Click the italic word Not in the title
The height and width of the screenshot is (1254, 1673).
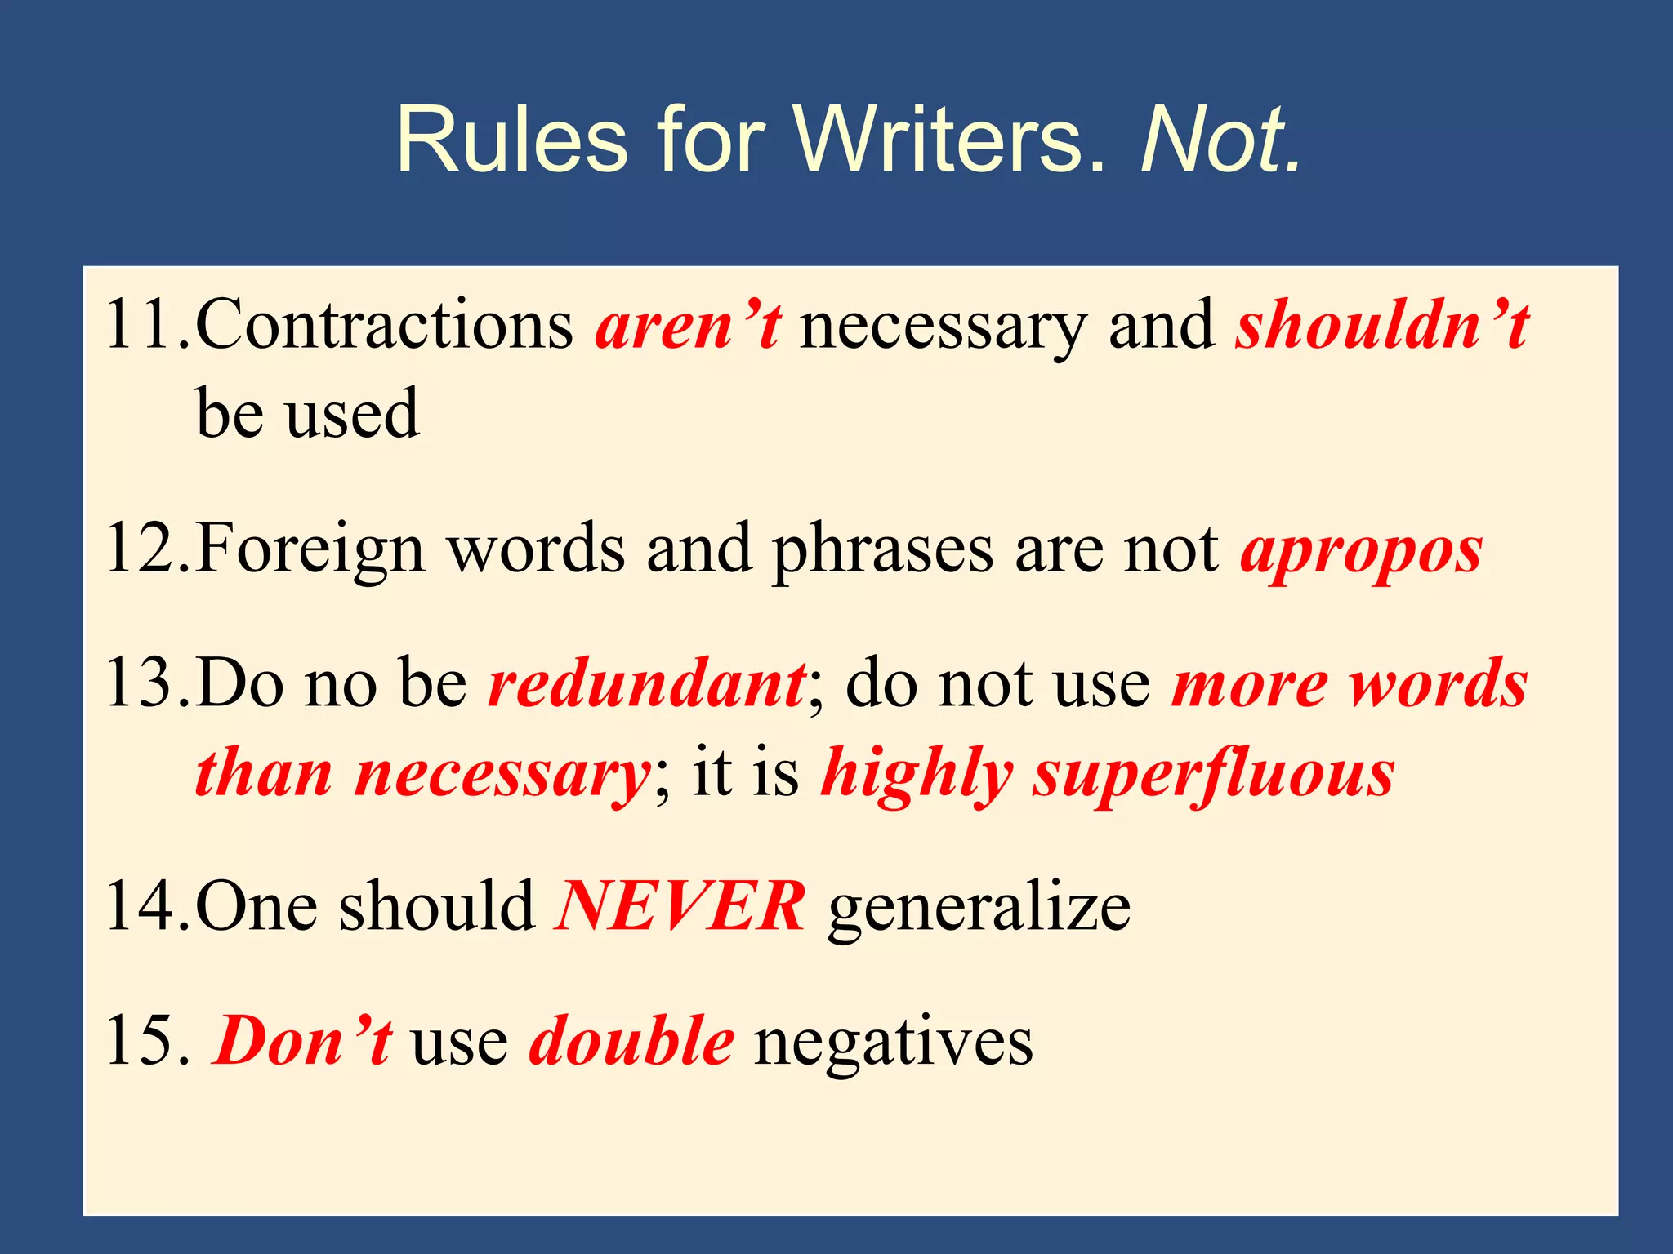pyautogui.click(x=1219, y=140)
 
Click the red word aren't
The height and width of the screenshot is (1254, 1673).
pyautogui.click(x=688, y=325)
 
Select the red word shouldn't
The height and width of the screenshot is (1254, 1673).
pyautogui.click(x=1381, y=325)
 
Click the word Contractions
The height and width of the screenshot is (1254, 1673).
pyautogui.click(x=384, y=325)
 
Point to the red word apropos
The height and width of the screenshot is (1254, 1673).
pyautogui.click(x=1361, y=551)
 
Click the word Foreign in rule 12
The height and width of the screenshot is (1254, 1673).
pyautogui.click(x=310, y=551)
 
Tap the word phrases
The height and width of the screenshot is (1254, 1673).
pyautogui.click(x=883, y=551)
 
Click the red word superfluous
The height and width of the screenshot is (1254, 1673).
pyautogui.click(x=1214, y=774)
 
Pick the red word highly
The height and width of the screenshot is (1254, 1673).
pyautogui.click(x=917, y=774)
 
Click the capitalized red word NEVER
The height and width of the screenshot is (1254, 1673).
pyautogui.click(x=680, y=906)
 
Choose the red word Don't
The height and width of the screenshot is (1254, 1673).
pyautogui.click(x=303, y=1041)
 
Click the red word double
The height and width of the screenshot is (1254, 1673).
pyautogui.click(x=631, y=1041)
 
